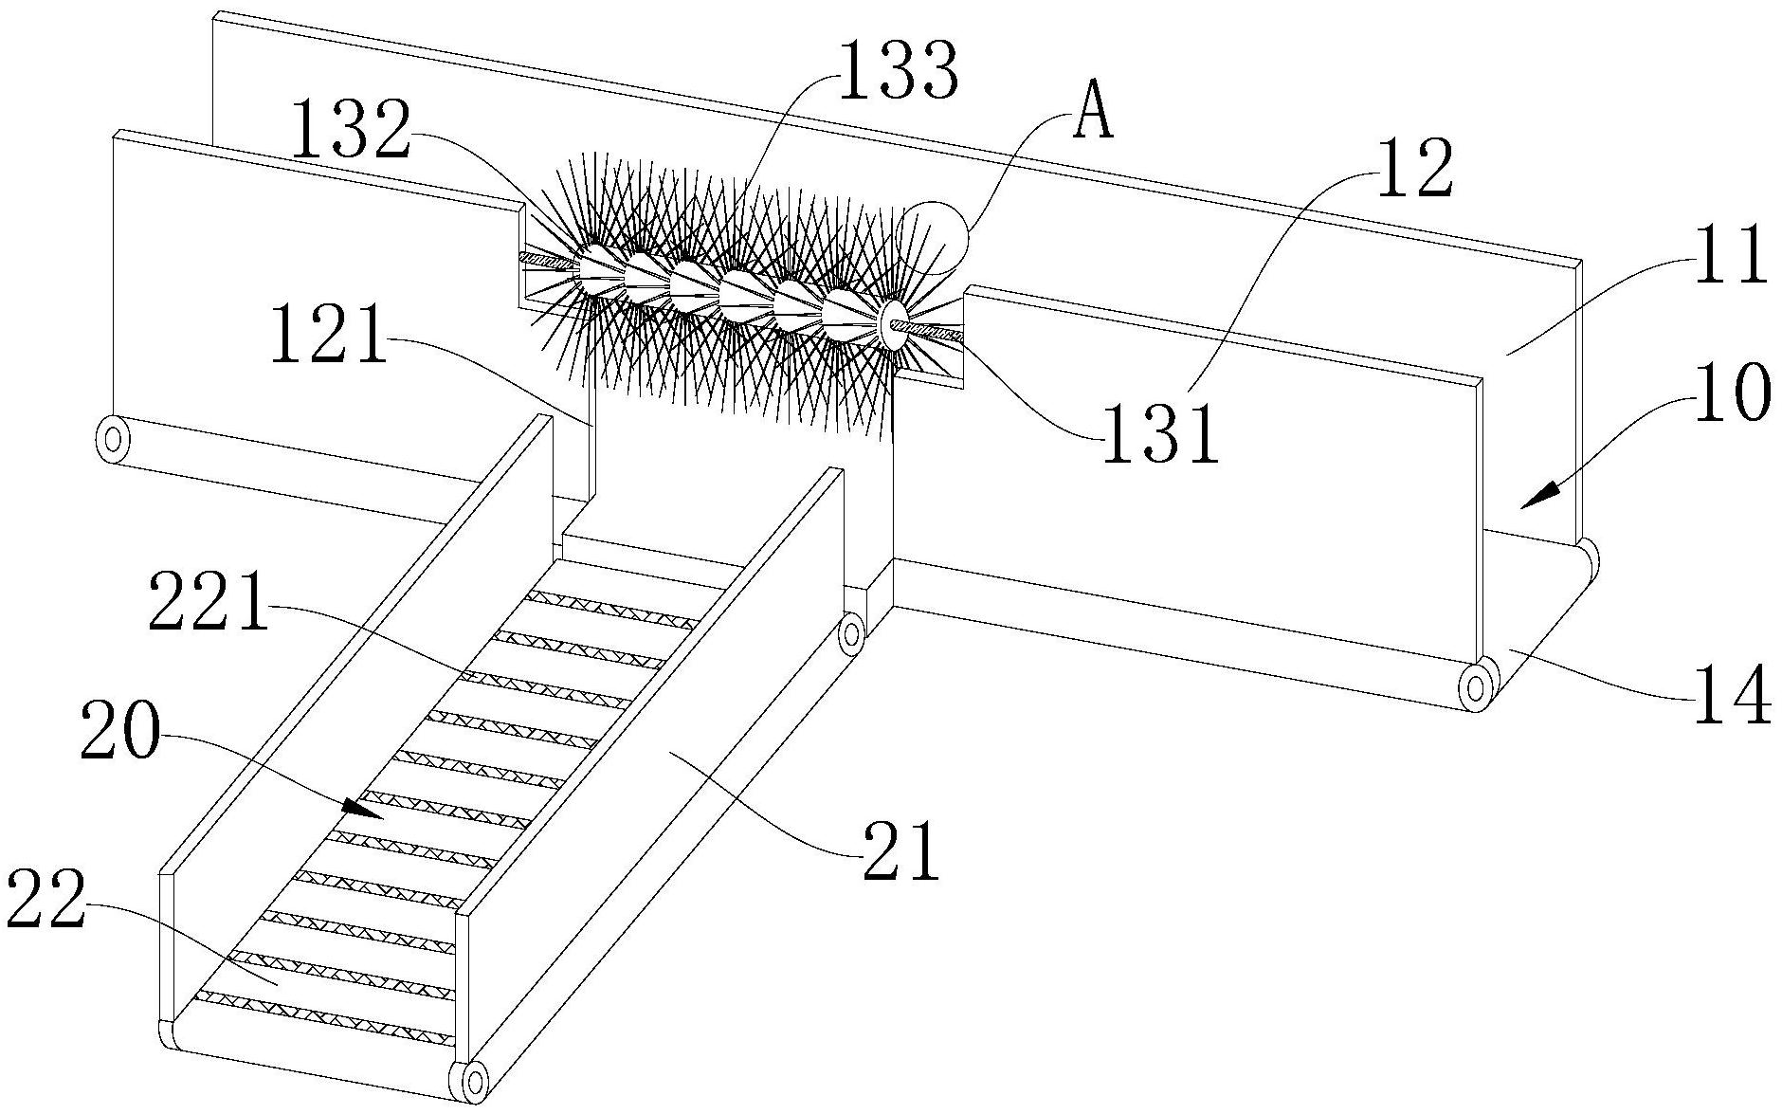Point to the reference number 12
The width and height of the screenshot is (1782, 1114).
pos(1414,171)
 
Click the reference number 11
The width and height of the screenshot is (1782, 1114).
pos(1731,256)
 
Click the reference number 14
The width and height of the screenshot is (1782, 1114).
pos(1731,697)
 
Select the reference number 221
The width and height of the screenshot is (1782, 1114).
pos(208,607)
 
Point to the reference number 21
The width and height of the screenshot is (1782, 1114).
pos(900,853)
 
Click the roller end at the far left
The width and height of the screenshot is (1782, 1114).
pos(113,439)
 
